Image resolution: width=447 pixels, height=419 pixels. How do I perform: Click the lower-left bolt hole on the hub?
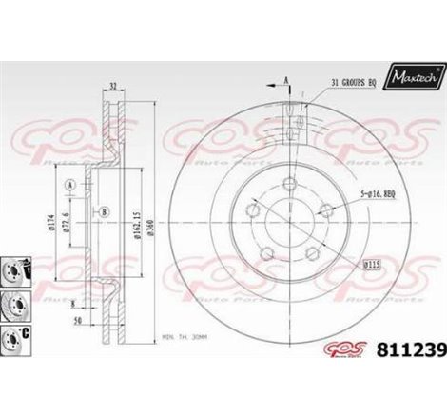pyautogui.click(x=269, y=251)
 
